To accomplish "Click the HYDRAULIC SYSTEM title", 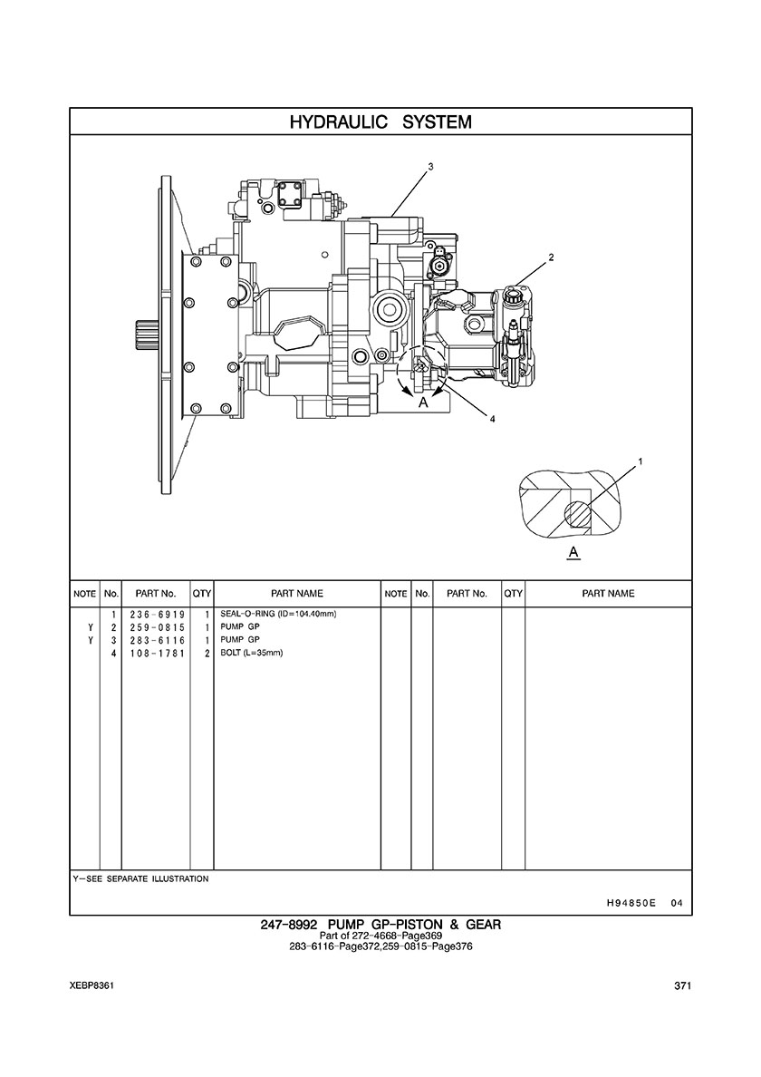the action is [380, 122].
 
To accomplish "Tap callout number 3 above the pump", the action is [430, 166].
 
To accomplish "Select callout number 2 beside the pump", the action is [550, 258].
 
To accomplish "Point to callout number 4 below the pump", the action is [492, 419].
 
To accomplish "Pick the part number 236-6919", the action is [157, 615].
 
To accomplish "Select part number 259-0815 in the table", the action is [157, 627].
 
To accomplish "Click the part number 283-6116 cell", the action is [157, 640].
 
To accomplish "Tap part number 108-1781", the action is [157, 654].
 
